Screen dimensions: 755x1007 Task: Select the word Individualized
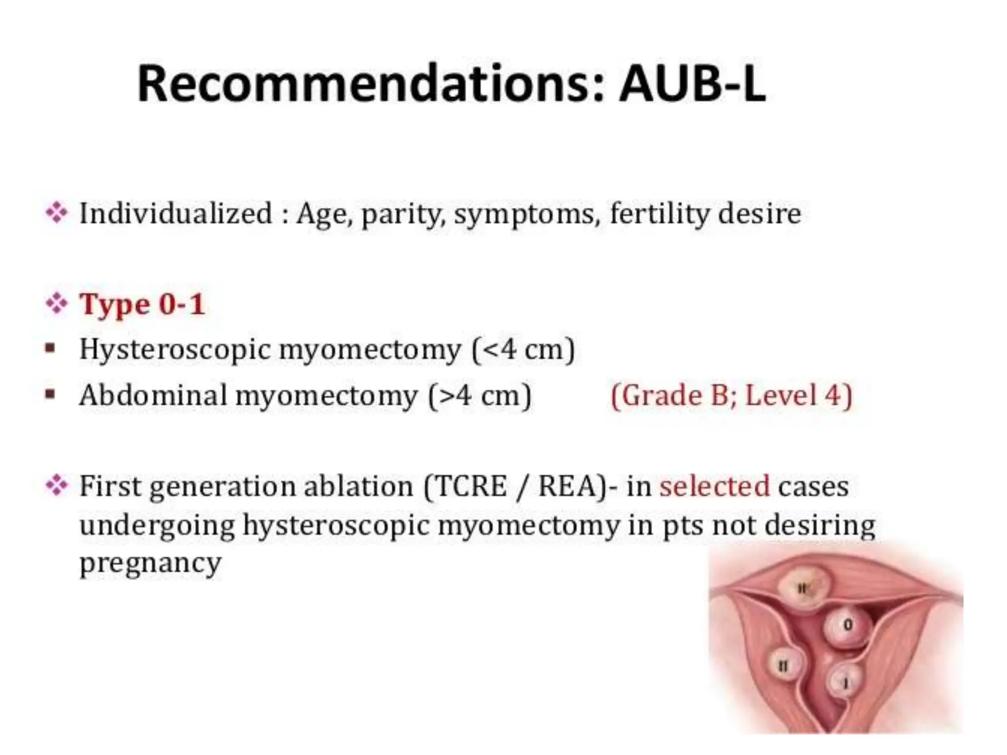pos(176,214)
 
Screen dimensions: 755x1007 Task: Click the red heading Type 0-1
pos(142,304)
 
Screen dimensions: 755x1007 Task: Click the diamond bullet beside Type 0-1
pos(57,304)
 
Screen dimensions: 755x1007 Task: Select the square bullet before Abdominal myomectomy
pos(50,394)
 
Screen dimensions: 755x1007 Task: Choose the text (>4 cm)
pos(480,395)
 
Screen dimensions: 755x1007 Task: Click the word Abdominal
pos(153,395)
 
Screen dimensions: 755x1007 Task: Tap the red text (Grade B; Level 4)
pos(731,395)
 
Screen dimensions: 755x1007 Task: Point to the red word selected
pos(714,486)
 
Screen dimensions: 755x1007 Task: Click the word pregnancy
pos(150,563)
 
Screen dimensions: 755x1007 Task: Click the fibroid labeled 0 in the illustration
pos(847,627)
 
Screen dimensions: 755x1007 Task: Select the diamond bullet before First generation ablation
pos(57,486)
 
